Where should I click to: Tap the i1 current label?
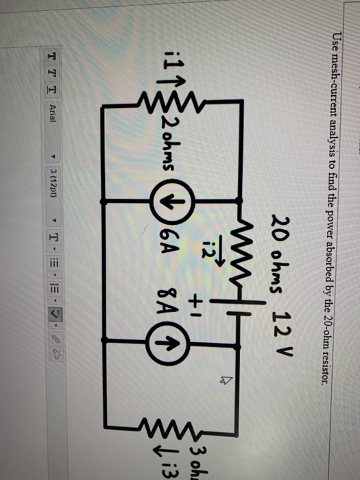pyautogui.click(x=153, y=68)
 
